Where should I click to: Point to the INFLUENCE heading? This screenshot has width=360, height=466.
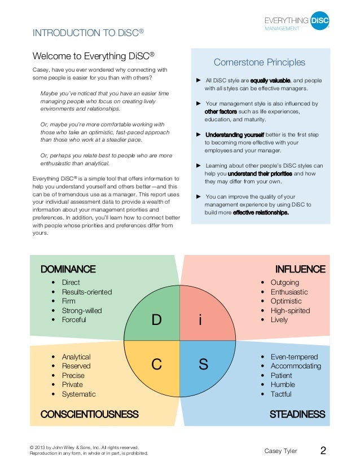[x=300, y=269]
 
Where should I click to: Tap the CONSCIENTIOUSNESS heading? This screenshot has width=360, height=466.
[x=89, y=415]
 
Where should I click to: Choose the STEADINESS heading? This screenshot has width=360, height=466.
[x=297, y=415]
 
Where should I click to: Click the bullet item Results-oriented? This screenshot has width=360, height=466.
[x=87, y=292]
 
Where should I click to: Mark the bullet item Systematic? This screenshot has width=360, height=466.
[x=79, y=394]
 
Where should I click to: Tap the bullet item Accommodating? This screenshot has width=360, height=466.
[x=296, y=366]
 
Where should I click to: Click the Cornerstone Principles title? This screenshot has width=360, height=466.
[x=260, y=63]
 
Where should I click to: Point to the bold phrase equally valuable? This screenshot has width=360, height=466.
[x=270, y=81]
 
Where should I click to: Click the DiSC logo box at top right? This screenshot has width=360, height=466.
[x=319, y=21]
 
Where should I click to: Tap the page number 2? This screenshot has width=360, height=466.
[x=323, y=451]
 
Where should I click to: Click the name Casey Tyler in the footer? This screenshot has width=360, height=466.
[x=281, y=451]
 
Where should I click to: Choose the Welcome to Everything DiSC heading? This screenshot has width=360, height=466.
[x=94, y=56]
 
